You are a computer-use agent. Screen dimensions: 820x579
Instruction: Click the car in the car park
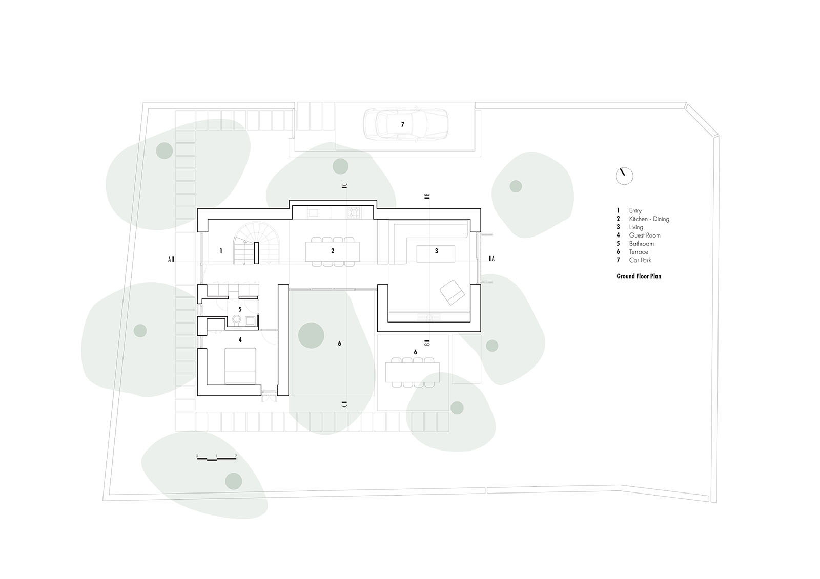[405, 124]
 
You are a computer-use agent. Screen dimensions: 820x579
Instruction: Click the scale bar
[216, 458]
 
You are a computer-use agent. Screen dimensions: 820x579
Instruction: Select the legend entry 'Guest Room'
[645, 235]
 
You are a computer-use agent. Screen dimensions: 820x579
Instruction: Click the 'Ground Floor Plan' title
[639, 276]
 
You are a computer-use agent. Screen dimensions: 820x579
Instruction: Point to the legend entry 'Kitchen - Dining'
[649, 219]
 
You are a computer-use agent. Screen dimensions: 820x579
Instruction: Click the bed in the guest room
[240, 366]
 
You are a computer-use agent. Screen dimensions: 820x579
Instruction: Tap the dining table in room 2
[333, 252]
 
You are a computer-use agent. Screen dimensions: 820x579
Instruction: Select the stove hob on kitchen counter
[354, 212]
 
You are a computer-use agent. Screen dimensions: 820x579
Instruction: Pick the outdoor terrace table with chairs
[412, 372]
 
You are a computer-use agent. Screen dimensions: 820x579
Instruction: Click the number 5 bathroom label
[240, 309]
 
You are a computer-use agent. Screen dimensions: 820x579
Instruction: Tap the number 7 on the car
[403, 125]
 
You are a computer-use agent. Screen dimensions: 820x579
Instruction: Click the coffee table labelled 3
[436, 254]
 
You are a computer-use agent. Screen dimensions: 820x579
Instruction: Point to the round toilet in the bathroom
[237, 320]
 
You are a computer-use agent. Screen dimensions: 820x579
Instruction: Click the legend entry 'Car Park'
[640, 260]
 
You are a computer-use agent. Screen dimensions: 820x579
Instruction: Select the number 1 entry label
[221, 251]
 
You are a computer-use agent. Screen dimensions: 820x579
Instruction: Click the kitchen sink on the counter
[313, 212]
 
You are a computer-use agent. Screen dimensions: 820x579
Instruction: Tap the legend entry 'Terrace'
[639, 252]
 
